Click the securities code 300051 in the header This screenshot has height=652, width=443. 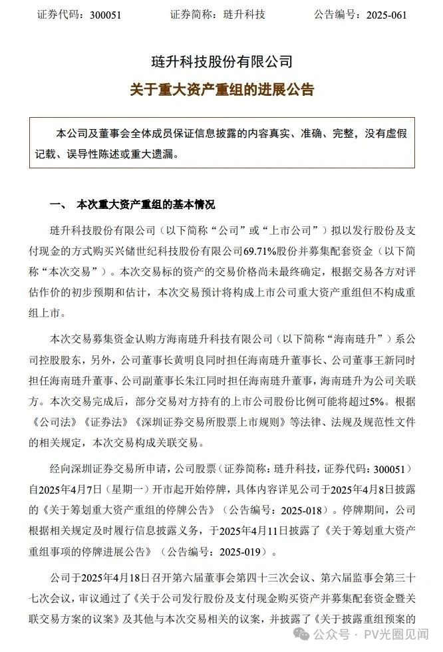tap(106, 14)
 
